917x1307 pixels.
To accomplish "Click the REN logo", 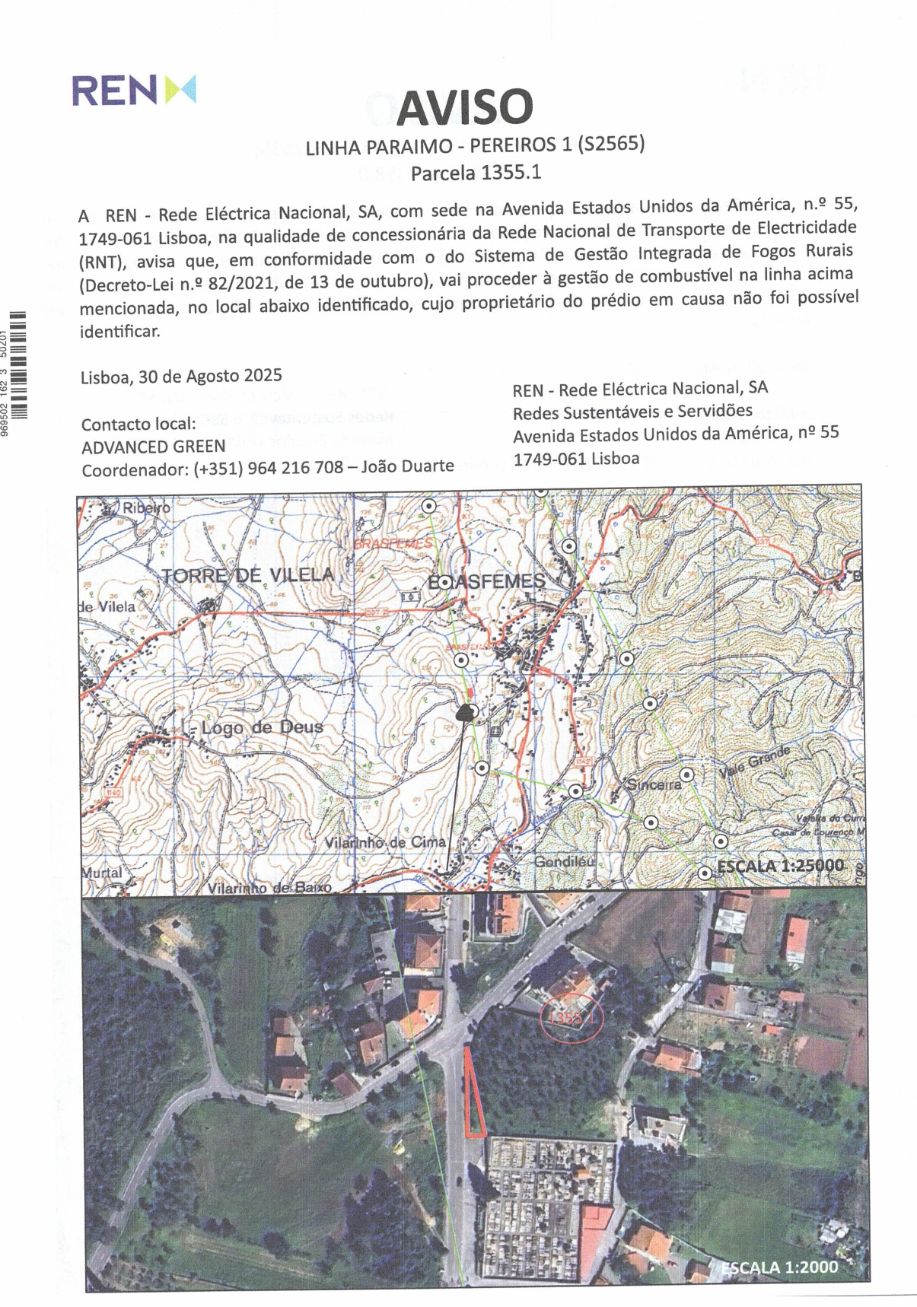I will tap(134, 90).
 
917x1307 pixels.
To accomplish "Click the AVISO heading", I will tap(464, 107).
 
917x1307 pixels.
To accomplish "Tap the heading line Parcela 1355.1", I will tap(476, 173).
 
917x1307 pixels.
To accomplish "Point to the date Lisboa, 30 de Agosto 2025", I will tap(181, 377).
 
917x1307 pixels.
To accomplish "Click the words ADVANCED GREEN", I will tap(154, 447).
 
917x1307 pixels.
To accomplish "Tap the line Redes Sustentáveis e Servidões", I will tap(632, 412).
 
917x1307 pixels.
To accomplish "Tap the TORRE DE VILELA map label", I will tap(248, 575).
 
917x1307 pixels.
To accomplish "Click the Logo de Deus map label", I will tap(262, 727).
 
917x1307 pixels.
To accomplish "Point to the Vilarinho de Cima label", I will tap(385, 843).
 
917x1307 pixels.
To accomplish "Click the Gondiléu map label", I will tap(563, 862).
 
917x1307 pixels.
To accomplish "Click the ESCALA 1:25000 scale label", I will tap(780, 866).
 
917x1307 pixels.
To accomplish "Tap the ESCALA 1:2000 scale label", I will tap(778, 1267).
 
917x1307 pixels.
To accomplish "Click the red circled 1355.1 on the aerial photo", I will tap(571, 1017).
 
